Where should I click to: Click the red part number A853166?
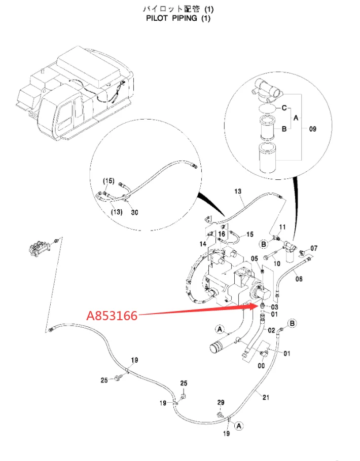pyautogui.click(x=112, y=316)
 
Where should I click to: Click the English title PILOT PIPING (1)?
pyautogui.click(x=178, y=18)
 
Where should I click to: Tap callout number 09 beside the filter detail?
pyautogui.click(x=313, y=129)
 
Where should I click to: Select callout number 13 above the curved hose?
pyautogui.click(x=238, y=191)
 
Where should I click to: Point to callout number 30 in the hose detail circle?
pyautogui.click(x=134, y=212)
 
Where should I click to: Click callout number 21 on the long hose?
pyautogui.click(x=266, y=398)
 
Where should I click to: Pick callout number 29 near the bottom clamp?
pyautogui.click(x=221, y=403)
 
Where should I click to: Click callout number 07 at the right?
pyautogui.click(x=314, y=248)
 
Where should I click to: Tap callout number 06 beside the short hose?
pyautogui.click(x=299, y=279)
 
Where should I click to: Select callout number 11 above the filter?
pyautogui.click(x=282, y=227)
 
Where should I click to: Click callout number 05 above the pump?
pyautogui.click(x=255, y=258)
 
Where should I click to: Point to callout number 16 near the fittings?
pyautogui.click(x=222, y=234)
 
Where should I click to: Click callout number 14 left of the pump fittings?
pyautogui.click(x=203, y=244)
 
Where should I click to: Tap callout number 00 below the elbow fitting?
pyautogui.click(x=261, y=366)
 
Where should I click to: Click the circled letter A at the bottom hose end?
pyautogui.click(x=239, y=426)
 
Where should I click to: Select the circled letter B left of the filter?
pyautogui.click(x=264, y=244)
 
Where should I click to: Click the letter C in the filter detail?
pyautogui.click(x=284, y=108)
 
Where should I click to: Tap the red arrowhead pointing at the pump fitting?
pyautogui.click(x=254, y=306)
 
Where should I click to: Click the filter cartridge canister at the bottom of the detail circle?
pyautogui.click(x=268, y=157)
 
